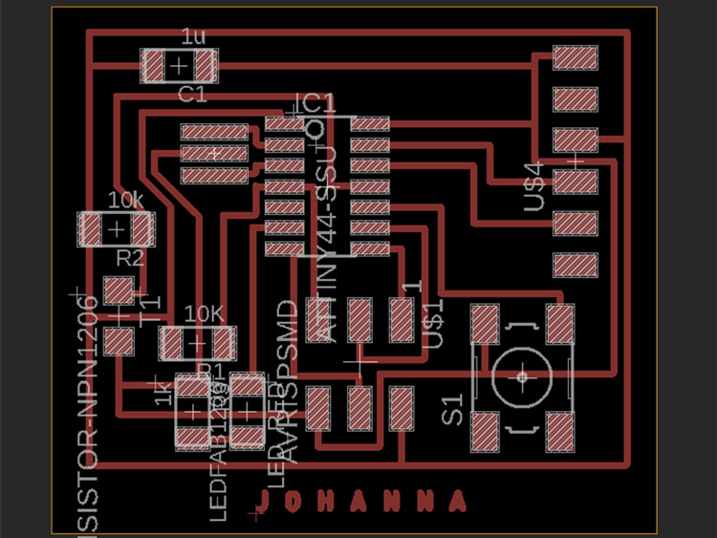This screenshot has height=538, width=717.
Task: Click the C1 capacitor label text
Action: pyautogui.click(x=192, y=94)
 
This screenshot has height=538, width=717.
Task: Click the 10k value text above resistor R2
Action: pyautogui.click(x=125, y=201)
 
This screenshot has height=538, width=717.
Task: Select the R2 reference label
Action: pyautogui.click(x=129, y=258)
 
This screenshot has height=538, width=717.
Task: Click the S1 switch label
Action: pyautogui.click(x=452, y=410)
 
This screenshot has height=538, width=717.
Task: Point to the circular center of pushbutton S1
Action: pyautogui.click(x=522, y=377)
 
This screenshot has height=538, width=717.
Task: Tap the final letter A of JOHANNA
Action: pyautogui.click(x=460, y=500)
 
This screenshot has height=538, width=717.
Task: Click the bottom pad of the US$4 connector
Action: pyautogui.click(x=576, y=263)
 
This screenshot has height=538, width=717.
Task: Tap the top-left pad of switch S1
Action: pyautogui.click(x=486, y=323)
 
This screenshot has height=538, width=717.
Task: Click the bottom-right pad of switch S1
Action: pyautogui.click(x=559, y=430)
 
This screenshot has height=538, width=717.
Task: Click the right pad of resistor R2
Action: pyautogui.click(x=142, y=230)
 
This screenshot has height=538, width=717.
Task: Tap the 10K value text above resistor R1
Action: pyautogui.click(x=205, y=313)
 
